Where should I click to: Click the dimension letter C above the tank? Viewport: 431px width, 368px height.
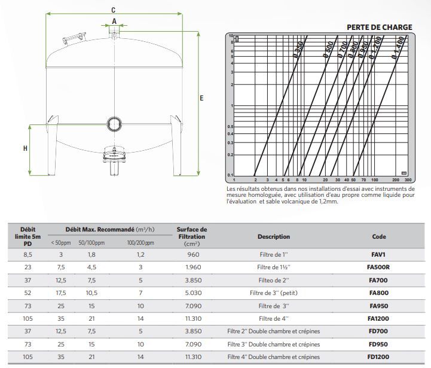(x=113, y=9)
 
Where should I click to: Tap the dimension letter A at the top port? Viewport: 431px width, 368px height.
(x=114, y=21)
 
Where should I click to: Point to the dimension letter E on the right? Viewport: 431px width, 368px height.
(x=201, y=98)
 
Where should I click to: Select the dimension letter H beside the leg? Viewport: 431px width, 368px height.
(x=25, y=149)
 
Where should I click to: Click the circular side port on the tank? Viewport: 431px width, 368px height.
(x=114, y=124)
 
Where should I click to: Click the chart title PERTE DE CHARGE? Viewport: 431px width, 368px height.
(x=379, y=27)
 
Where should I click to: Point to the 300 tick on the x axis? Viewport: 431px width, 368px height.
(x=408, y=179)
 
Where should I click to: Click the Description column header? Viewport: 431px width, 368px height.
(x=273, y=236)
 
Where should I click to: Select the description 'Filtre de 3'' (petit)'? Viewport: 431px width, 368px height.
(x=273, y=293)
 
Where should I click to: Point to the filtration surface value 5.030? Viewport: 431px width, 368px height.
(x=191, y=293)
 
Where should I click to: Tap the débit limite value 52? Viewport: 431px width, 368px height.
(x=27, y=293)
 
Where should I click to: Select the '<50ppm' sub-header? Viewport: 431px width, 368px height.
(x=61, y=242)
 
